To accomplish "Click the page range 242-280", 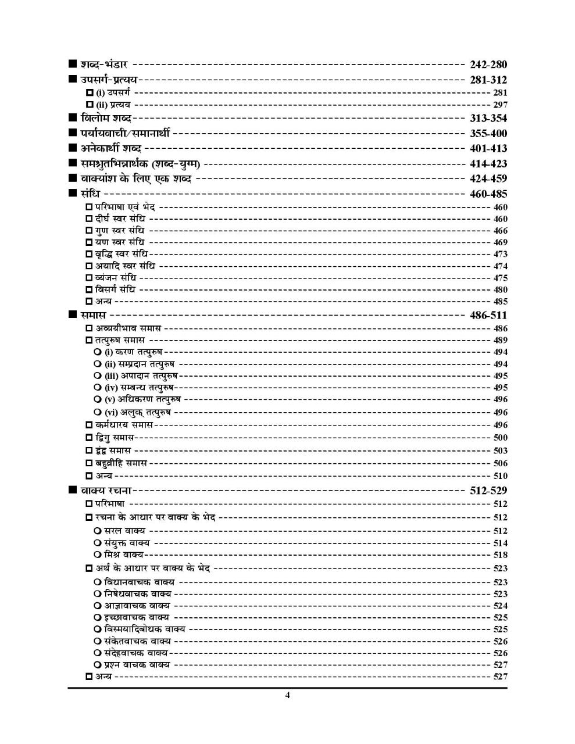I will pyautogui.click(x=488, y=65).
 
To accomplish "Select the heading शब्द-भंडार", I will pyautogui.click(x=104, y=65).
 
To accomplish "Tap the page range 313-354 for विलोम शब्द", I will pyautogui.click(x=488, y=118).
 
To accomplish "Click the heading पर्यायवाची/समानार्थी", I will pyautogui.click(x=126, y=133).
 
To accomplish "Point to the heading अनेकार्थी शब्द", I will pyautogui.click(x=115, y=148).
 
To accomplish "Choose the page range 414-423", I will pyautogui.click(x=488, y=163).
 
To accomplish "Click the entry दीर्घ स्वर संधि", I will pyautogui.click(x=120, y=219).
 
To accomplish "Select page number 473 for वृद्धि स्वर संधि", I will pyautogui.click(x=500, y=254).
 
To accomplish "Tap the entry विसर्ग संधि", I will pyautogui.click(x=116, y=289).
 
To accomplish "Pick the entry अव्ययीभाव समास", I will pyautogui.click(x=128, y=328).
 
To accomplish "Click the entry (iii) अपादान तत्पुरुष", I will pyautogui.click(x=141, y=375).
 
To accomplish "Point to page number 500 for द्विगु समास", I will pyautogui.click(x=500, y=438).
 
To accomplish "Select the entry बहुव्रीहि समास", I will pyautogui.click(x=122, y=463).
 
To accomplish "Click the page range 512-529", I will pyautogui.click(x=488, y=491).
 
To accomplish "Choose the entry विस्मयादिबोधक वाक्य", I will pyautogui.click(x=145, y=629).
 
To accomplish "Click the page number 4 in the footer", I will pyautogui.click(x=287, y=696).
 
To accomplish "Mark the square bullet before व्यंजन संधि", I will pyautogui.click(x=89, y=278).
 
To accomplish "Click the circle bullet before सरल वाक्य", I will pyautogui.click(x=97, y=531).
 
